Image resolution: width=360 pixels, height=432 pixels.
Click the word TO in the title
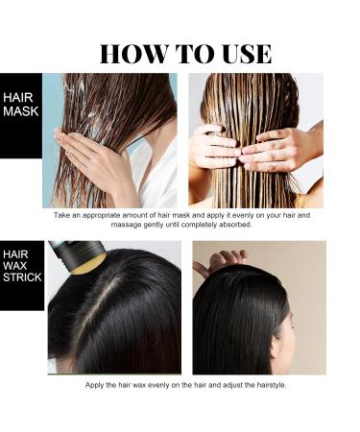click(183, 53)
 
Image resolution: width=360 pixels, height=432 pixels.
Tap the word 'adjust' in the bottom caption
click(228, 385)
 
